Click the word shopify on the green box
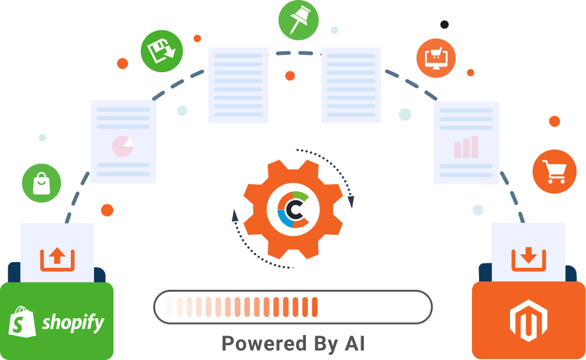point(73,322)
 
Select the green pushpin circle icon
point(298,20)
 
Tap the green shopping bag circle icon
point(42,183)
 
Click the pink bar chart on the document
point(466,147)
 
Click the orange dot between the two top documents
point(290,76)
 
